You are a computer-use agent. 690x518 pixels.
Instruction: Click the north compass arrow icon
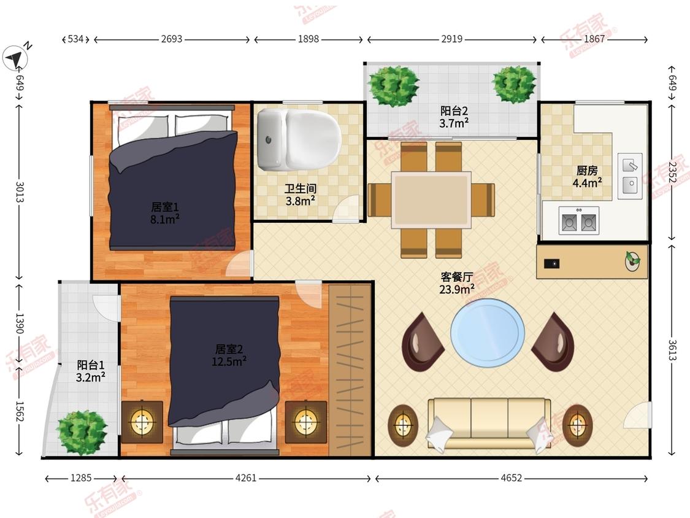coord(15,57)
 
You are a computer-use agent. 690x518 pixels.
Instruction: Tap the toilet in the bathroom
coord(299,139)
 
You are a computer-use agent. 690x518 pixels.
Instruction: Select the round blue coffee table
coord(488,333)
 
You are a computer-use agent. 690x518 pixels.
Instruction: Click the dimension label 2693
coord(172,39)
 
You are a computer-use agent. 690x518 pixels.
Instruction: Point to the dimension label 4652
coord(512,478)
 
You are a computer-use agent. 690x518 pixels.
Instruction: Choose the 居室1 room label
coord(165,207)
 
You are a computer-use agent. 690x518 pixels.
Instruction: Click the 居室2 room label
coord(229,349)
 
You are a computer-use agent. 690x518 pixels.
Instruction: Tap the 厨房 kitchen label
coord(587,170)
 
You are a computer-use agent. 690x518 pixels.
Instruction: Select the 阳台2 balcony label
coord(454,111)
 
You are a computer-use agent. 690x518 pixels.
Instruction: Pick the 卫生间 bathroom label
coord(301,188)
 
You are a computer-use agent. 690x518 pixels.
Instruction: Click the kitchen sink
coord(630,176)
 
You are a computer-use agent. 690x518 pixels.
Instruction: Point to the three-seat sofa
coord(489,424)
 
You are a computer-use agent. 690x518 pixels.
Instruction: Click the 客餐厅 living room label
coord(457,277)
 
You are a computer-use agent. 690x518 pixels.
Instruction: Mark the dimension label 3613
coord(672,350)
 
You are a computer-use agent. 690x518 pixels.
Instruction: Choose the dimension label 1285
coord(81,478)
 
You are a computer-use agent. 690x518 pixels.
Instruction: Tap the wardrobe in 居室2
coord(350,371)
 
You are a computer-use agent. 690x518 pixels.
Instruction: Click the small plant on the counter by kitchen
coord(633,261)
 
